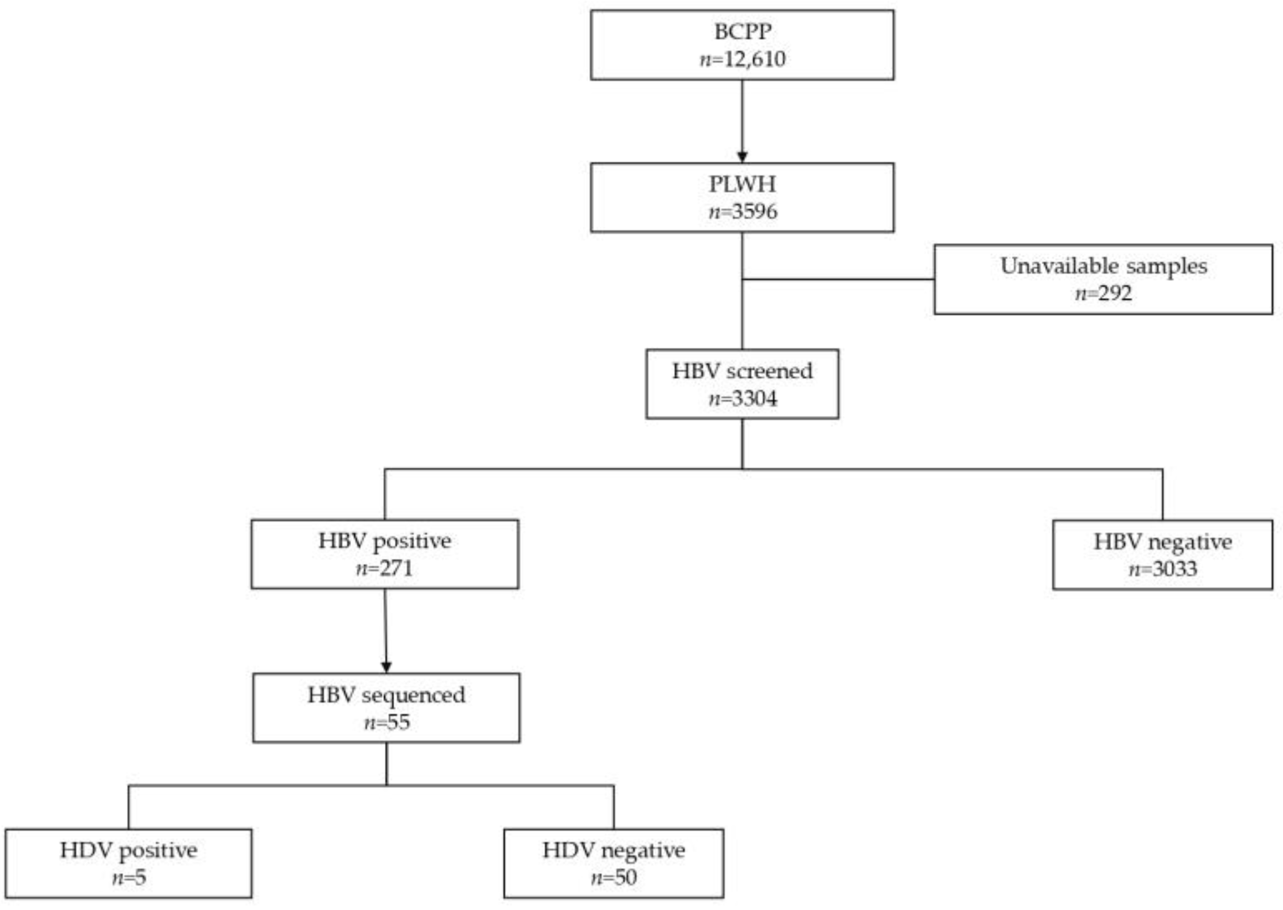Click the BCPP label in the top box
[742, 32]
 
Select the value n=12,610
[742, 59]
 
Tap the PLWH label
[742, 184]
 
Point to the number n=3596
[742, 212]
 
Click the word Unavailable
[1050, 266]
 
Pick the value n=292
[1103, 293]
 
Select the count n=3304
[742, 399]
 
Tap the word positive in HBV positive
[411, 541]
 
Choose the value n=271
[384, 569]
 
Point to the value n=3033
[1162, 569]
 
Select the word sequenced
[413, 696]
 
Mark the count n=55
[386, 722]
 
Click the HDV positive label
[128, 851]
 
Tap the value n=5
[128, 877]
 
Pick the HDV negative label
[614, 851]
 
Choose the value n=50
[614, 877]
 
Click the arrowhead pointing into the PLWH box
[742, 156]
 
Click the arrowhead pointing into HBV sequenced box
[386, 667]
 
